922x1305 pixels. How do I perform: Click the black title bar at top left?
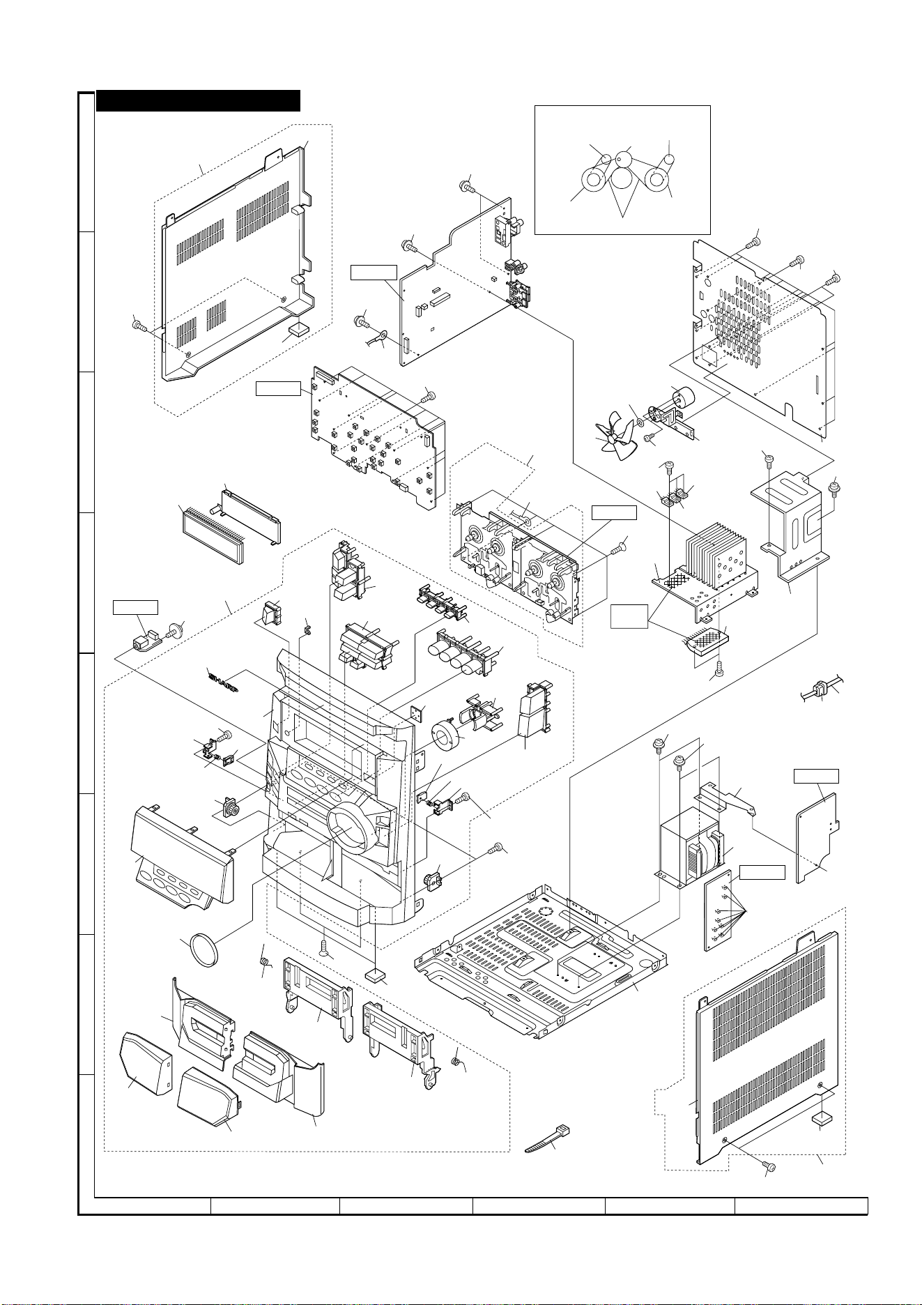[x=198, y=100]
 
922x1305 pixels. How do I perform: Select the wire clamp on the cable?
[x=820, y=689]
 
